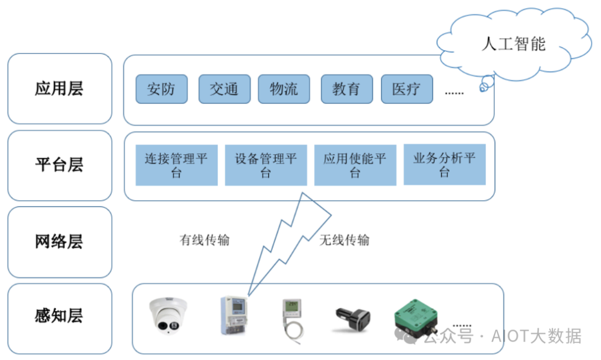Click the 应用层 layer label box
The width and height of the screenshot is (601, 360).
(60, 88)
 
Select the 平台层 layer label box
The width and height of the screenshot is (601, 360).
(60, 165)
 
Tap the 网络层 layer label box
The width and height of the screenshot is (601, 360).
(60, 242)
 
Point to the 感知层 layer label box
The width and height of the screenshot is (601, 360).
(60, 318)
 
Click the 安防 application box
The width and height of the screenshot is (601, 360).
(161, 89)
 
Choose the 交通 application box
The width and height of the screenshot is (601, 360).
(224, 89)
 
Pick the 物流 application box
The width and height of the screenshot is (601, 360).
(284, 89)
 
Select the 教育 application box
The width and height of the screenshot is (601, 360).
(347, 89)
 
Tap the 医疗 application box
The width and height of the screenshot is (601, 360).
(407, 89)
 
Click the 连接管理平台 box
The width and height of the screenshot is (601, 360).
(176, 165)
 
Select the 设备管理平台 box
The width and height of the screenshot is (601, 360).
(266, 165)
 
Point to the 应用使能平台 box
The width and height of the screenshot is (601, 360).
(355, 165)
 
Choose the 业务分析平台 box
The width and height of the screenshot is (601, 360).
(444, 165)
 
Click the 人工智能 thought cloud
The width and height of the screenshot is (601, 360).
(513, 44)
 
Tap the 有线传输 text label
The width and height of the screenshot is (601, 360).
(204, 240)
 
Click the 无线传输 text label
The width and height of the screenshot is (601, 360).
(344, 240)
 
